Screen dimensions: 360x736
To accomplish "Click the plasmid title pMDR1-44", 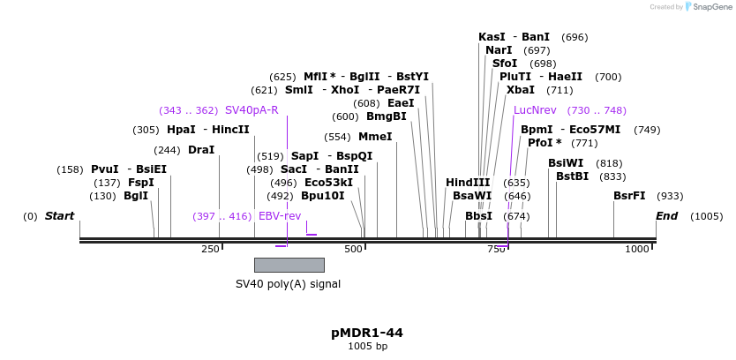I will coord(367,333).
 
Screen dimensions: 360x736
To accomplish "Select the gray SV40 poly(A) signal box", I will coord(289,265).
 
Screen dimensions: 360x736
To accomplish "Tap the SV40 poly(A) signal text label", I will coord(288,284).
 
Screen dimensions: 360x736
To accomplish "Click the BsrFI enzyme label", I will coord(629,196).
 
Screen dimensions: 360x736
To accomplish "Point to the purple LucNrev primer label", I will coord(535,110).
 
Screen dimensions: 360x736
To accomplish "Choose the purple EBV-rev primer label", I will coord(279,216).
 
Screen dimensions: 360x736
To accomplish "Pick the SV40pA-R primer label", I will coord(252,110).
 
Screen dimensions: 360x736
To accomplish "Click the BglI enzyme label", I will coord(136,196).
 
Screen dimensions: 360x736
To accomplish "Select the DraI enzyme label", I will coord(201,150).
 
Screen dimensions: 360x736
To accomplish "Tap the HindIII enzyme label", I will coord(468,183).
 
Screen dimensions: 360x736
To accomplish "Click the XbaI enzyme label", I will coord(521,90).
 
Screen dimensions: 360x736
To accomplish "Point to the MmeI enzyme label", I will coord(375,137).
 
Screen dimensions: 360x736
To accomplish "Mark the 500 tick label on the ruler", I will coord(353,250).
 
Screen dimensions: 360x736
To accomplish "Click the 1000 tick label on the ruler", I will coord(637,250).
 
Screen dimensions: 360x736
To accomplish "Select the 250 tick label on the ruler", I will coord(210,250).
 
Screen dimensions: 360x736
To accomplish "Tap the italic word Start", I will coord(59,216).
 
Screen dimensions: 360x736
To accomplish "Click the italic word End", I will coord(667,216).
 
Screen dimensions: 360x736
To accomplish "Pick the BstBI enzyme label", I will coord(572,176).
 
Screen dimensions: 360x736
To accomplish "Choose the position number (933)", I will coord(670,196).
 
